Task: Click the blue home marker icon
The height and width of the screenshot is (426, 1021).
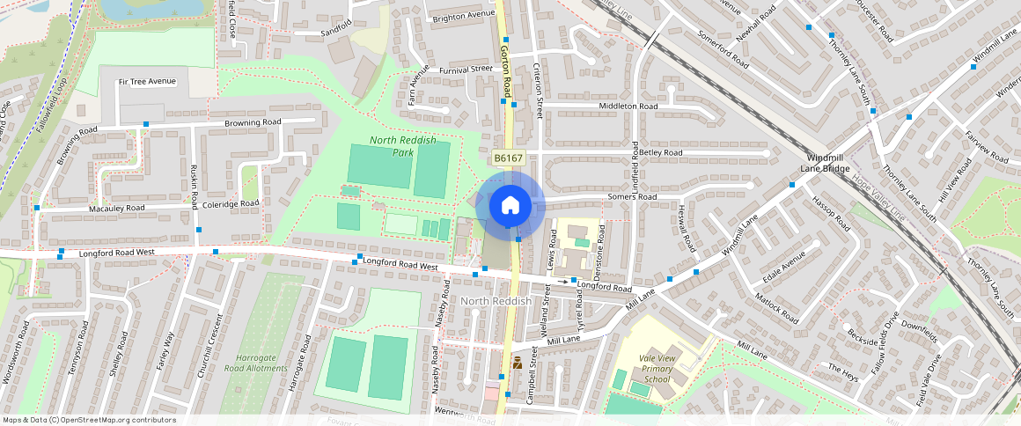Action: tap(510, 207)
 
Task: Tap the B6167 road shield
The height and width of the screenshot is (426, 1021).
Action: tap(508, 158)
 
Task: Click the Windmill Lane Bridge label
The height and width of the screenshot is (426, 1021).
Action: tap(825, 162)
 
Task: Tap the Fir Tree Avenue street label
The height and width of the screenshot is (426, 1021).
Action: tap(147, 81)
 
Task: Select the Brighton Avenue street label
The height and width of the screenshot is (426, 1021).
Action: tap(464, 16)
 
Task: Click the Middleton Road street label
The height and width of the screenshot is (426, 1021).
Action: tap(628, 106)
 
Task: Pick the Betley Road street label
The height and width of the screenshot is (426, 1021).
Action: tap(661, 152)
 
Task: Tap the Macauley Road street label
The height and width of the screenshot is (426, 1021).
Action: tap(116, 209)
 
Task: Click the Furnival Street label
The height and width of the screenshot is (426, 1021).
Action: tap(467, 69)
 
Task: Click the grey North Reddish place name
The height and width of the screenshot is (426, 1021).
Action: tap(496, 301)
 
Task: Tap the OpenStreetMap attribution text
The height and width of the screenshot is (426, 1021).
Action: tap(88, 420)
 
